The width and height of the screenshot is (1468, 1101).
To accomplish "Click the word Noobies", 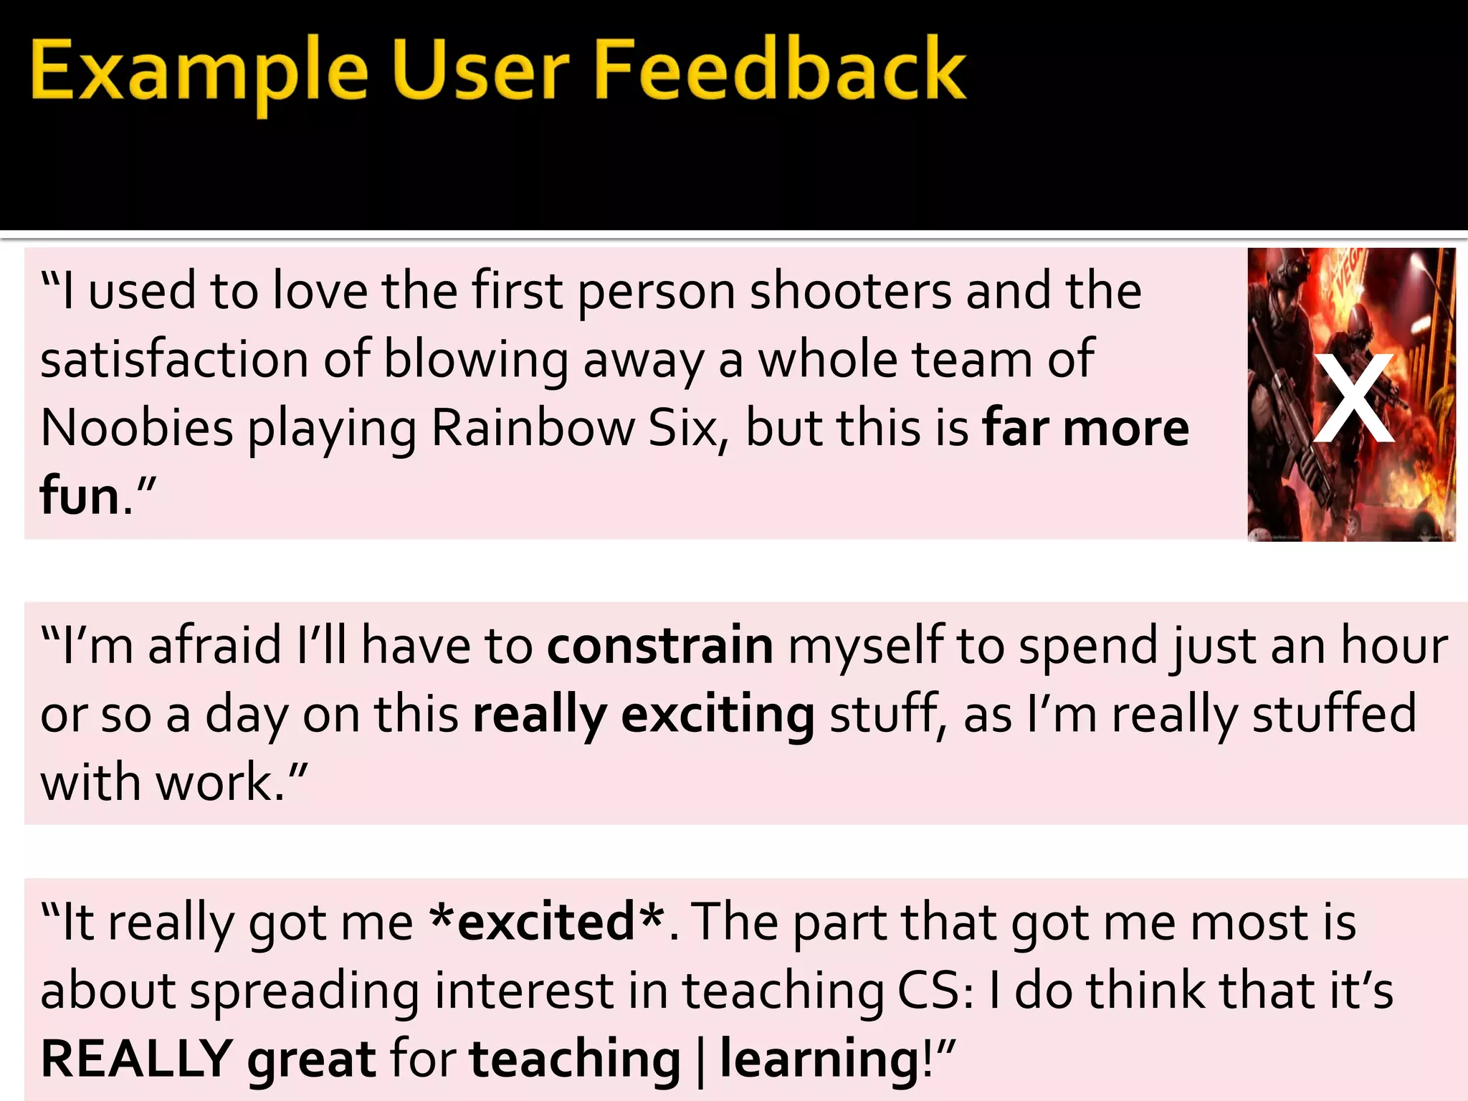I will click(x=137, y=428).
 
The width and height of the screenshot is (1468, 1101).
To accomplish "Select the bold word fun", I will click(x=79, y=495).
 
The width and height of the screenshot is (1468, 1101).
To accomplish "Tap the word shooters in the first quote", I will click(x=849, y=292).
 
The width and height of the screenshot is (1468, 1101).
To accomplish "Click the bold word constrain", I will click(x=660, y=645).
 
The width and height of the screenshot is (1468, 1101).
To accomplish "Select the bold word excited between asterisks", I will click(x=545, y=922).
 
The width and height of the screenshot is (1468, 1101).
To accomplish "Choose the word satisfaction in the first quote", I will click(x=174, y=359).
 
